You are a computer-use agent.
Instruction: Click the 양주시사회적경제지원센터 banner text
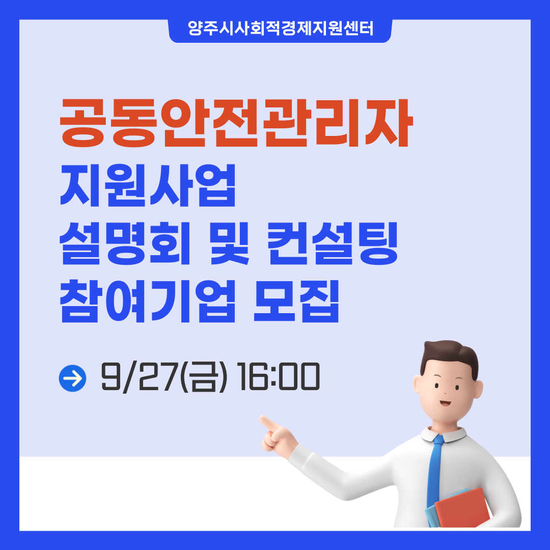tap(280, 29)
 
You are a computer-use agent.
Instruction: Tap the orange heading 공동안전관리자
tap(236, 122)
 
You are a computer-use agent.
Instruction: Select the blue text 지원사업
tap(148, 185)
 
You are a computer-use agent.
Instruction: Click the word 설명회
tap(125, 243)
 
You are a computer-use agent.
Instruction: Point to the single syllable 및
tap(229, 243)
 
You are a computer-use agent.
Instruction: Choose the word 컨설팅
tap(333, 243)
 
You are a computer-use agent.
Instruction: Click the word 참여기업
tap(148, 301)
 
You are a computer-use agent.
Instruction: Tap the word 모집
tap(296, 301)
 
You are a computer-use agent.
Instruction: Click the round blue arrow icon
tap(73, 378)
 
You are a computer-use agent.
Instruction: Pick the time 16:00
tap(278, 377)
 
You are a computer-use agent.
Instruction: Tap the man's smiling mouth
tap(446, 403)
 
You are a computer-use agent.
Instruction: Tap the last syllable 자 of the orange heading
tap(390, 122)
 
